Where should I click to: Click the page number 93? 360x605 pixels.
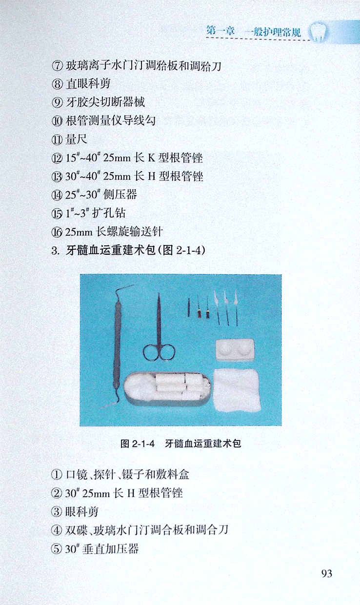(x=326, y=573)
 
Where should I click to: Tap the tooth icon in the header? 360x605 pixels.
(x=319, y=32)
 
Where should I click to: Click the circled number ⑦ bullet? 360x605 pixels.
(x=57, y=66)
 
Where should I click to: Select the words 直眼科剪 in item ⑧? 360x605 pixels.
(x=88, y=84)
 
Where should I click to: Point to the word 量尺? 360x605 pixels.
(x=77, y=140)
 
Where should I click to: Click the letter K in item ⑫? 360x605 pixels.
(x=152, y=158)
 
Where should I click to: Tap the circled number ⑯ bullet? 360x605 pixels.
(x=57, y=232)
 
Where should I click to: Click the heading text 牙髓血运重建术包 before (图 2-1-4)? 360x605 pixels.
(x=111, y=251)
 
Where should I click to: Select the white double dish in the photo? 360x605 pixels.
(x=235, y=350)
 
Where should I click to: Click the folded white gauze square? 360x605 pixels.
(x=237, y=390)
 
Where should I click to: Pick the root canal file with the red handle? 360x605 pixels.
(x=200, y=308)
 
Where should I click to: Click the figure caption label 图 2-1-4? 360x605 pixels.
(x=138, y=444)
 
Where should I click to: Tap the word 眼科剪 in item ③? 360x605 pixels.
(x=82, y=512)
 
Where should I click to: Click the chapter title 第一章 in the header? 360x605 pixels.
(x=220, y=31)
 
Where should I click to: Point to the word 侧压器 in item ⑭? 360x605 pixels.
(x=120, y=195)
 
